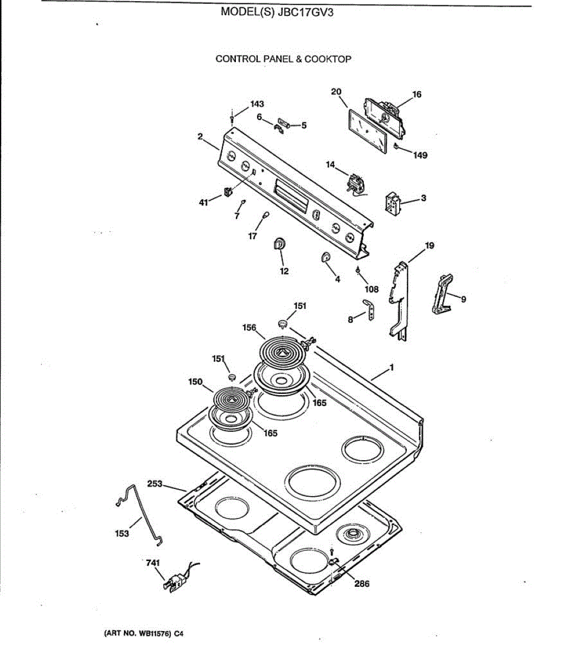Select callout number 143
pos(257,104)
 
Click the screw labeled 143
pos(233,117)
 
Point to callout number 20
pos(336,92)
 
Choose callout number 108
pos(371,289)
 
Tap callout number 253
pos(155,484)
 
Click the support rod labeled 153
pos(143,513)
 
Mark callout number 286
pos(361,583)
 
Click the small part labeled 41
pos(228,192)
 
